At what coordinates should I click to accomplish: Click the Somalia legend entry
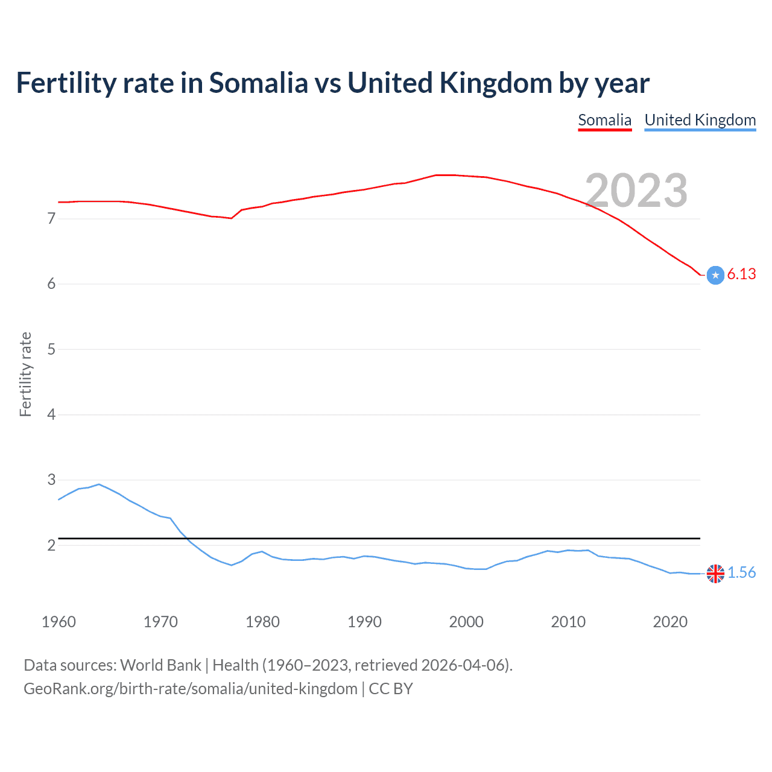(x=604, y=120)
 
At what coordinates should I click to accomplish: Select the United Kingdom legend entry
(x=700, y=120)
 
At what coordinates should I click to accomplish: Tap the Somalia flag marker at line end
(x=715, y=275)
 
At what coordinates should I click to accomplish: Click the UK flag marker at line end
(x=715, y=574)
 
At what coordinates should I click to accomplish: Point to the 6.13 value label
(x=741, y=274)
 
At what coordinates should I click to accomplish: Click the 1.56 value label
(x=741, y=572)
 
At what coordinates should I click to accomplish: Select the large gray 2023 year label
(x=636, y=191)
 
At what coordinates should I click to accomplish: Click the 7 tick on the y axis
(x=51, y=218)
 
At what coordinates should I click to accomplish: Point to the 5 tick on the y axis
(x=51, y=349)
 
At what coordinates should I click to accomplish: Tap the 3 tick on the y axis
(x=51, y=480)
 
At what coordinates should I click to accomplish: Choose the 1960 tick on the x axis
(x=59, y=622)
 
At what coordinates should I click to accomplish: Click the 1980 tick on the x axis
(x=262, y=622)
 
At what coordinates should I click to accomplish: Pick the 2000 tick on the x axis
(x=466, y=622)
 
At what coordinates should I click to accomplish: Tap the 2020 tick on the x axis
(x=670, y=622)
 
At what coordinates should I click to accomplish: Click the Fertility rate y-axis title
(x=25, y=374)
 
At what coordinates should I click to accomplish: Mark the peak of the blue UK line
(x=99, y=484)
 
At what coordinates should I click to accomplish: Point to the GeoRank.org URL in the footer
(x=190, y=689)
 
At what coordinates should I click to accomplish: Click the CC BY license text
(x=391, y=689)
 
